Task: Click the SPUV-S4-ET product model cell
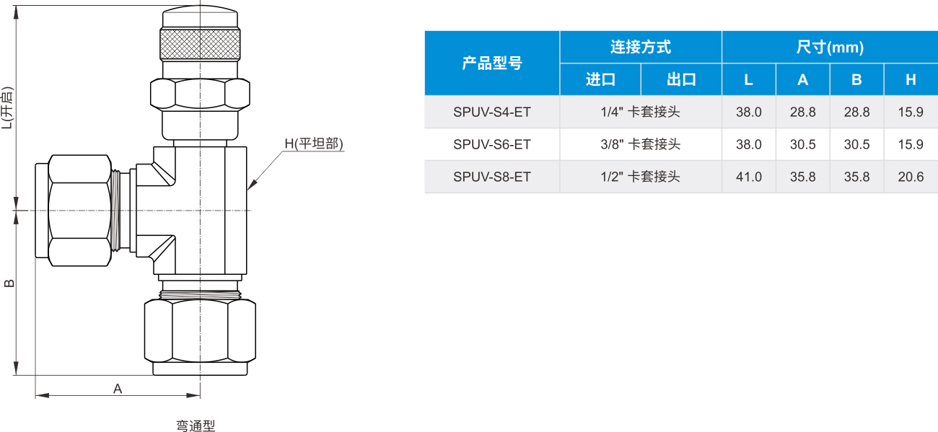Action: click(491, 113)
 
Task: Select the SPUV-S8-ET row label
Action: click(491, 177)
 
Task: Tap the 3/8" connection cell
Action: click(640, 144)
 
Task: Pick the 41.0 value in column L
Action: click(749, 177)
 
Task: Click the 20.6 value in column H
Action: click(911, 177)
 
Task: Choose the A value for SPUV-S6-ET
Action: click(803, 144)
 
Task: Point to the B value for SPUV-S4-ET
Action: click(856, 113)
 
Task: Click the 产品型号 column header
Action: click(492, 63)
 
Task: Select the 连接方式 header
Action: click(641, 47)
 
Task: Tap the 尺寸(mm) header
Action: click(830, 47)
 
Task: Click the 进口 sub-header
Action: click(600, 79)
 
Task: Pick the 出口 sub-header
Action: click(681, 79)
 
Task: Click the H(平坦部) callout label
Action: click(314, 144)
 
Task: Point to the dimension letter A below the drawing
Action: click(118, 389)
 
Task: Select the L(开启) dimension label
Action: click(7, 107)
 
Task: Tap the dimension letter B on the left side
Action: click(9, 283)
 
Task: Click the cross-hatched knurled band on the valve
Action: click(200, 44)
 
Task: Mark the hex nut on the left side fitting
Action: click(79, 210)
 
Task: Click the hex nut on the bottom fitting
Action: click(200, 331)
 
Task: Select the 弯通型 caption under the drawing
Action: click(196, 426)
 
